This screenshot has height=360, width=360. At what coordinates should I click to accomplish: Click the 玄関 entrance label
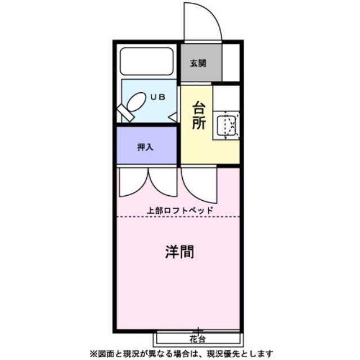(x=197, y=63)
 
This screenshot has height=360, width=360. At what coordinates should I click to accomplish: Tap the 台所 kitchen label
(x=199, y=115)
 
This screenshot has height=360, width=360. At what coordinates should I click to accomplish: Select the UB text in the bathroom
(x=157, y=97)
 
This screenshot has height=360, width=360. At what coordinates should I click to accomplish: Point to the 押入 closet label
(x=146, y=147)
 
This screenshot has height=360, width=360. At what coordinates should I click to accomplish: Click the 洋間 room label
(x=179, y=251)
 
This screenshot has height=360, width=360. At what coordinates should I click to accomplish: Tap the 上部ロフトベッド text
(x=180, y=210)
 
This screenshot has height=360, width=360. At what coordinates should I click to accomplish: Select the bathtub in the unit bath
(x=147, y=62)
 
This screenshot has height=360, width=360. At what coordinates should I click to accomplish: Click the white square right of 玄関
(x=231, y=62)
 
